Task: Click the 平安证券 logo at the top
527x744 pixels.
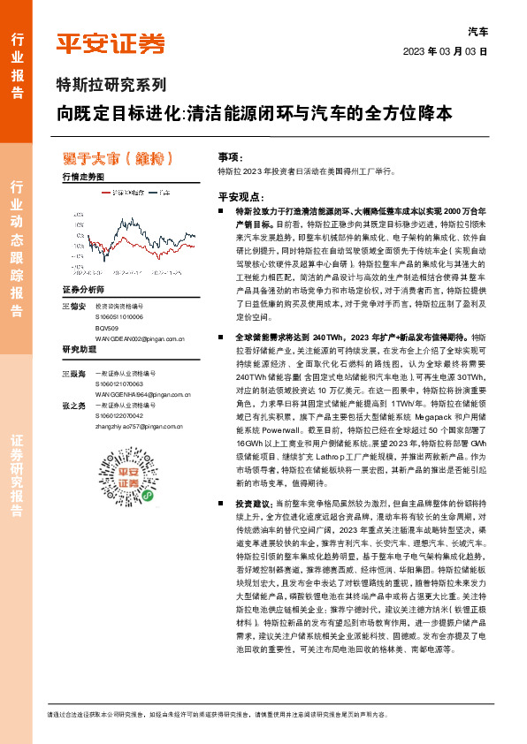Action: [x=111, y=43]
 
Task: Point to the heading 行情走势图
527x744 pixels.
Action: [x=83, y=177]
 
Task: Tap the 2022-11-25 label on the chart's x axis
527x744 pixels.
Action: [x=166, y=273]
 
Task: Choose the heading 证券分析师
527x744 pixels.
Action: [x=83, y=290]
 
